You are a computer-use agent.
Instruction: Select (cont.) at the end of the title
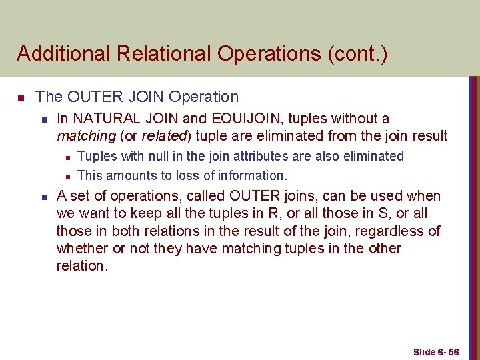tap(357, 53)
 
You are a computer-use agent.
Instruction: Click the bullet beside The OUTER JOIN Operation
tap(21, 99)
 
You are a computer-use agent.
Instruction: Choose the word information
tap(253, 175)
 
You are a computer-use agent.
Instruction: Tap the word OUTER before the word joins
tap(256, 196)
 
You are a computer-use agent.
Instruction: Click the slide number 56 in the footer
tap(453, 352)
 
